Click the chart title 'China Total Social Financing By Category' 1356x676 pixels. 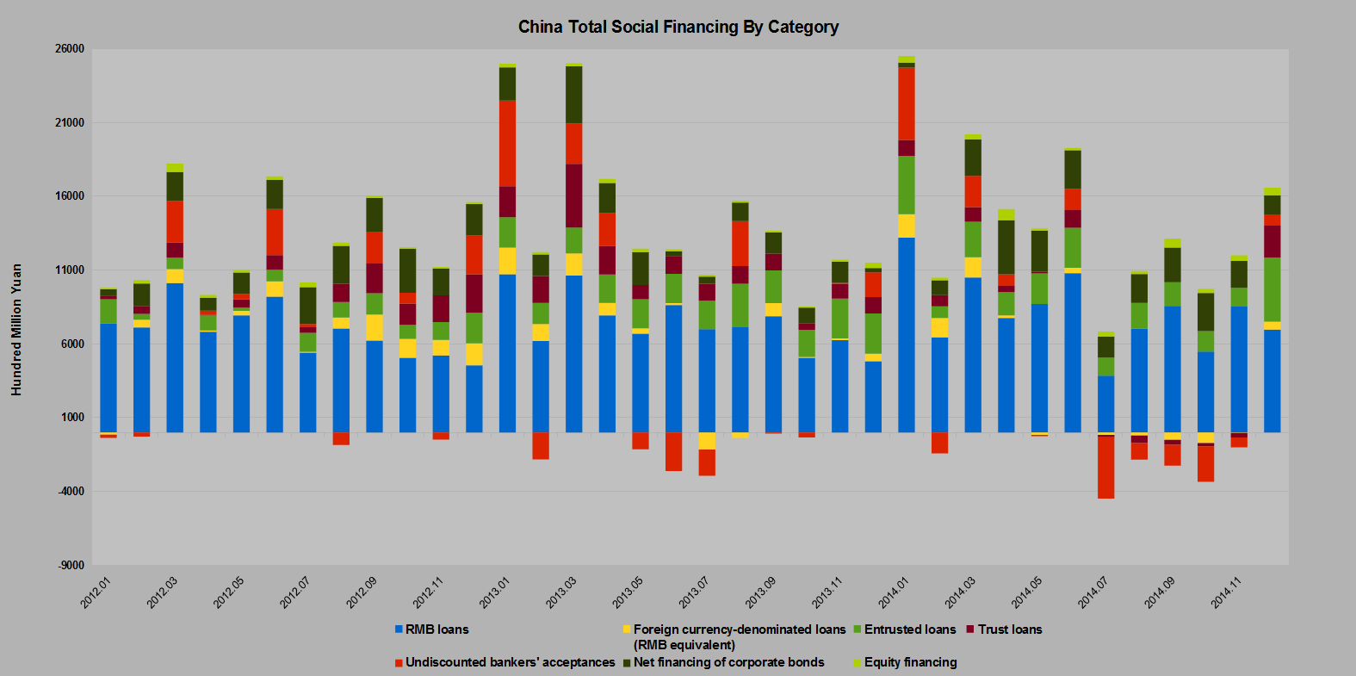pos(678,27)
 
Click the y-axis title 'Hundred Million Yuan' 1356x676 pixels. pos(16,330)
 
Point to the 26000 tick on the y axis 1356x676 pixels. pos(71,49)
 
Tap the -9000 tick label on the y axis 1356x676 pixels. pos(71,566)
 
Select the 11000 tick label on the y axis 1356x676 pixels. pos(71,270)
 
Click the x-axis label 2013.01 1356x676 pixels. pos(495,592)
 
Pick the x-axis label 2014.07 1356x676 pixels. pos(1093,592)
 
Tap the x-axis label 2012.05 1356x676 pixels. pos(229,592)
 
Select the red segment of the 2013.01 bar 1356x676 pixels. pos(507,143)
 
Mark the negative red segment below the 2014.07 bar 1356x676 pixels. pos(1105,467)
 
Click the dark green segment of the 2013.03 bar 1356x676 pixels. pos(573,95)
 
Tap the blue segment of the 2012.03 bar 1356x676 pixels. pos(175,357)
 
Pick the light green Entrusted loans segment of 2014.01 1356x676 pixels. pos(907,184)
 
